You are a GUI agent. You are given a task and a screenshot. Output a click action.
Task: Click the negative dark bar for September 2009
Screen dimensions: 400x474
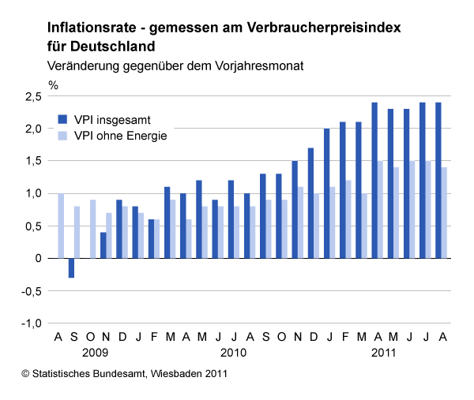(x=71, y=267)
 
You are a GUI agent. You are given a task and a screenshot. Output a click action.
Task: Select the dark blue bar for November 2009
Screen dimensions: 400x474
(x=103, y=245)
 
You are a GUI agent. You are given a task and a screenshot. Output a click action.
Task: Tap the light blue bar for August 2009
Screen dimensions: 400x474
(x=61, y=226)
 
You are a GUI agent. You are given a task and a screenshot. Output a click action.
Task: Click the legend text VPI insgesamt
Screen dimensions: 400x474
(x=112, y=120)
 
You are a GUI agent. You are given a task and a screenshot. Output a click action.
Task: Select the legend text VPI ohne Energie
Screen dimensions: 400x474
(x=120, y=136)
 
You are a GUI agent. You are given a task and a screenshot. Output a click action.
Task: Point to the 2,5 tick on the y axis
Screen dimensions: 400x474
(x=32, y=96)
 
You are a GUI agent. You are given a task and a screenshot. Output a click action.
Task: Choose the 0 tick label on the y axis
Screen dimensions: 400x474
(x=37, y=258)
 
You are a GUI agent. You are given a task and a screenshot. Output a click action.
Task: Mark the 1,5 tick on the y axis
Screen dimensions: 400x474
(x=32, y=161)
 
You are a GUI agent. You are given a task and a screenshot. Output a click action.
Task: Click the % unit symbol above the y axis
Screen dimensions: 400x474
(x=53, y=83)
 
